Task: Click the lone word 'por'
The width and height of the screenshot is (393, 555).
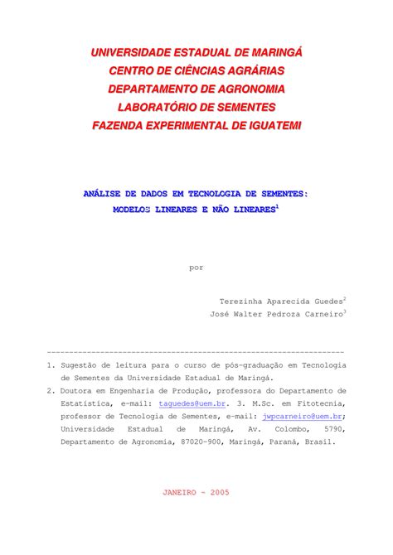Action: pos(196,268)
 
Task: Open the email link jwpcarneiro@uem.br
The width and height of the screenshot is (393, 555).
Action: pos(302,417)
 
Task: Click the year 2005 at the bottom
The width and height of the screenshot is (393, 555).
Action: pos(220,491)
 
